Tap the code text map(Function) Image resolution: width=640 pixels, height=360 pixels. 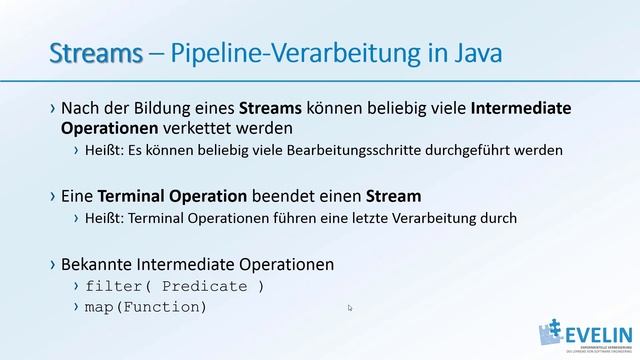147,306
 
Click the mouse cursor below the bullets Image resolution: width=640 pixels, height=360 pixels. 350,308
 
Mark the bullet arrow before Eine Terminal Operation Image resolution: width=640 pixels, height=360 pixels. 52,196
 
